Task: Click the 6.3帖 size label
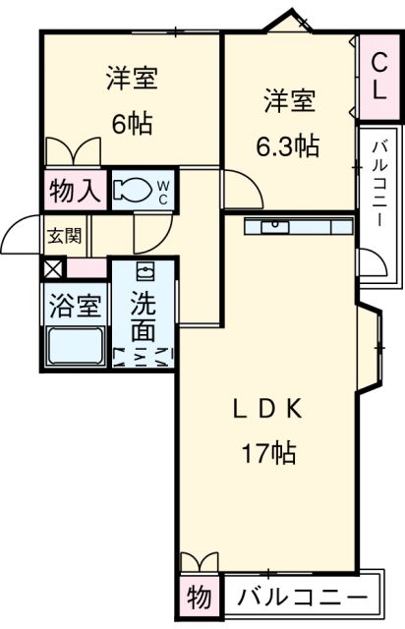(288, 146)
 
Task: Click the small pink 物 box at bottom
(198, 597)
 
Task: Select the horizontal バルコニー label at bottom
(303, 596)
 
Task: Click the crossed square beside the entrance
(52, 266)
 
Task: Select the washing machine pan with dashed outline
(143, 356)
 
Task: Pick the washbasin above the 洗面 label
(145, 272)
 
